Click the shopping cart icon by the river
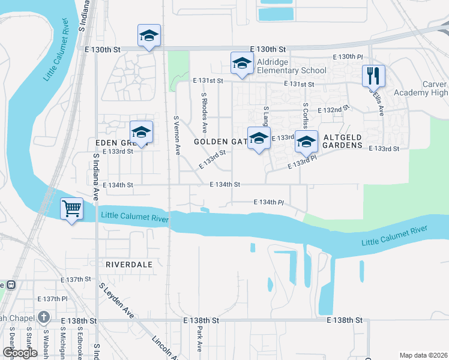click(72, 209)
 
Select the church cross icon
click(43, 317)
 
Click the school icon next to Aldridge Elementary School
click(242, 63)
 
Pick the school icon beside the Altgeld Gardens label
click(306, 142)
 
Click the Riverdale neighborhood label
click(128, 264)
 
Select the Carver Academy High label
click(421, 88)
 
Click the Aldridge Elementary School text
click(291, 67)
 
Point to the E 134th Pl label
click(268, 203)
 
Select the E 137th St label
click(76, 280)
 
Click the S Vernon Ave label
click(176, 136)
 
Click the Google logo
click(20, 353)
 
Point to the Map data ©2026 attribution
click(423, 355)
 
